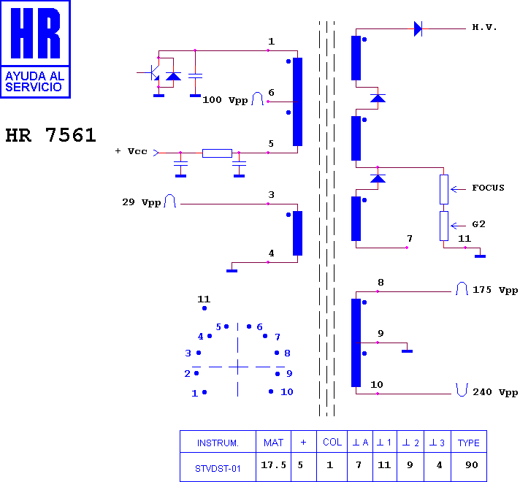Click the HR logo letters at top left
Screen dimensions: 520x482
pyautogui.click(x=35, y=33)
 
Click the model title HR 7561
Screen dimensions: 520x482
pyautogui.click(x=50, y=135)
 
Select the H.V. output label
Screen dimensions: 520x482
pyautogui.click(x=484, y=27)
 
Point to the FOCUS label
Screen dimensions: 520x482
pyautogui.click(x=488, y=188)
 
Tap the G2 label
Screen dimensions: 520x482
pyautogui.click(x=478, y=224)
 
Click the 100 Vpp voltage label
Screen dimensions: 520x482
pyautogui.click(x=225, y=100)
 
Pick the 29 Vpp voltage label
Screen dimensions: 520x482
pyautogui.click(x=142, y=202)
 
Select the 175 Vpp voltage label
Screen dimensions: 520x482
pyautogui.click(x=495, y=290)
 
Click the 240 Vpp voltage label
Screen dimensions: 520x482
pyautogui.click(x=495, y=392)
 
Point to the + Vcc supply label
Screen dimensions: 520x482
pyautogui.click(x=131, y=151)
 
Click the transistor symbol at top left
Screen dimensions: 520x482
pyautogui.click(x=152, y=72)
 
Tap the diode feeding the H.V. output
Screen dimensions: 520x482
pyautogui.click(x=418, y=29)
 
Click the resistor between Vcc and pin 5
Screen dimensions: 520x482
pyautogui.click(x=217, y=153)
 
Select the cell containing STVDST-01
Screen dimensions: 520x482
pyautogui.click(x=218, y=467)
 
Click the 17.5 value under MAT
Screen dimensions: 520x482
pyautogui.click(x=273, y=465)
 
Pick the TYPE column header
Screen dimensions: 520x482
pyautogui.click(x=469, y=443)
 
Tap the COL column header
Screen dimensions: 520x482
pyautogui.click(x=332, y=442)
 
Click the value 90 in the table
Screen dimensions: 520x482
pyautogui.click(x=472, y=465)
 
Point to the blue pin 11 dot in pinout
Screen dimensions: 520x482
pyautogui.click(x=204, y=308)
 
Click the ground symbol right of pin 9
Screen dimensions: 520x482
pyautogui.click(x=408, y=351)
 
